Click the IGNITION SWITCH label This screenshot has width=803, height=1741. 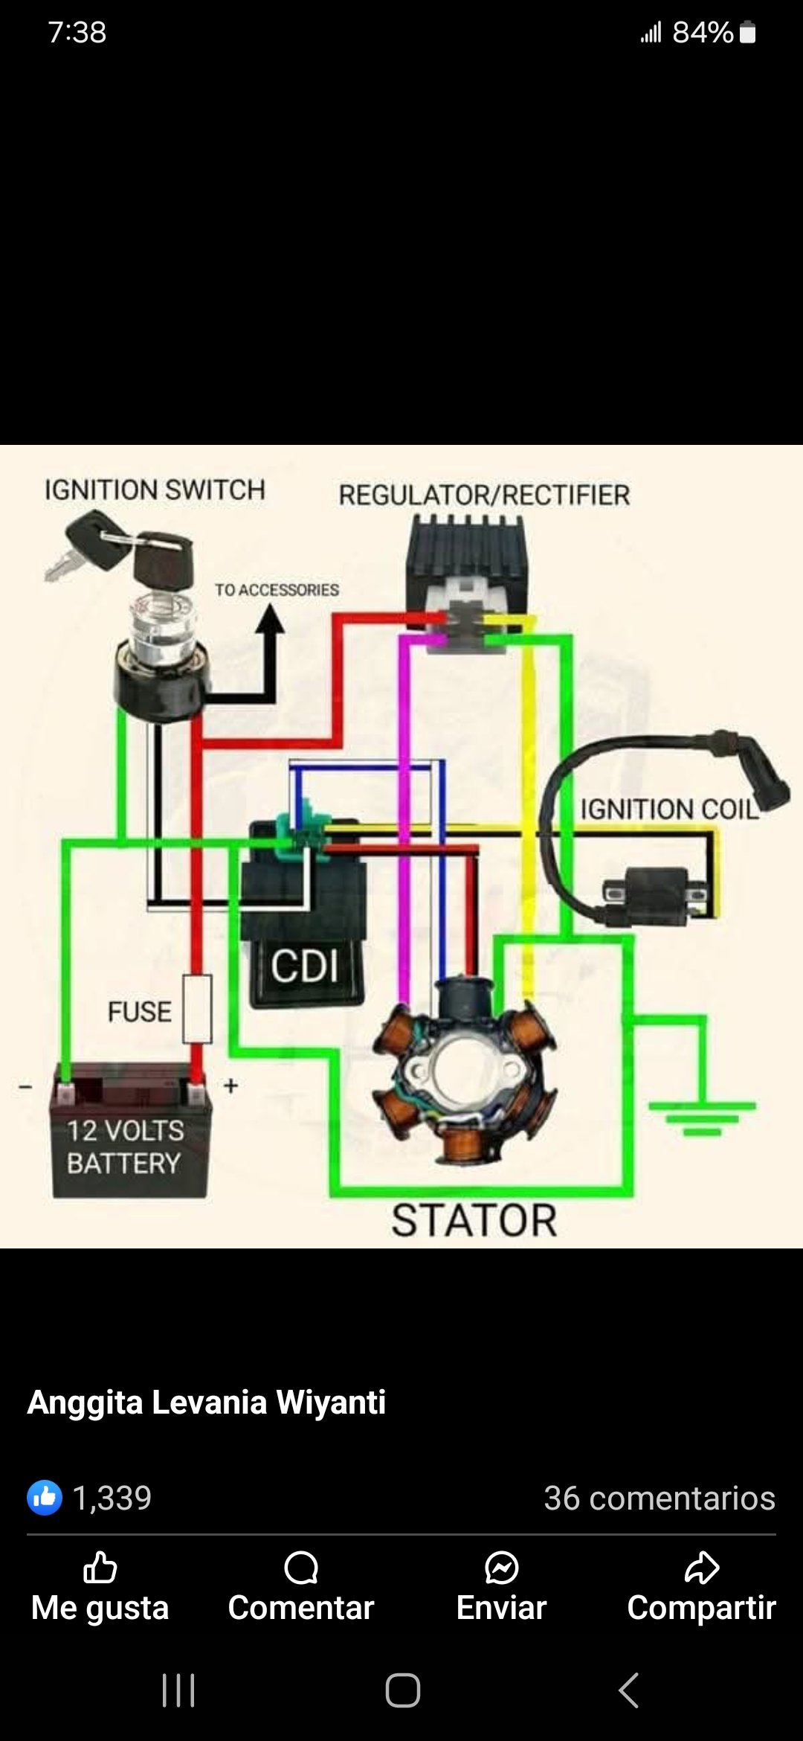click(x=155, y=490)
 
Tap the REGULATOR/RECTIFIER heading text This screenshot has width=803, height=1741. click(x=484, y=495)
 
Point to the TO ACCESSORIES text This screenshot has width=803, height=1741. click(x=277, y=590)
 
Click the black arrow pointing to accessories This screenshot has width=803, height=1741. click(x=269, y=621)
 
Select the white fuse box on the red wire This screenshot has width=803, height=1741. click(x=197, y=1008)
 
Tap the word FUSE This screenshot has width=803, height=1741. click(x=139, y=1012)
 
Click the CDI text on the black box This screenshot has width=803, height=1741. click(x=305, y=966)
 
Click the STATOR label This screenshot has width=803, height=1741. click(x=474, y=1221)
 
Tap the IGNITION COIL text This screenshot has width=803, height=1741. click(x=669, y=809)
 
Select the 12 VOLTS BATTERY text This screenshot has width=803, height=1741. click(x=125, y=1147)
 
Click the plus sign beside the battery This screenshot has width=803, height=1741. click(x=231, y=1086)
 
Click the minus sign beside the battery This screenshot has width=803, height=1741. click(x=26, y=1087)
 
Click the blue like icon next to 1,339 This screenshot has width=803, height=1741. click(x=45, y=1498)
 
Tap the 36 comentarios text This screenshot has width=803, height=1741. click(x=660, y=1498)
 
